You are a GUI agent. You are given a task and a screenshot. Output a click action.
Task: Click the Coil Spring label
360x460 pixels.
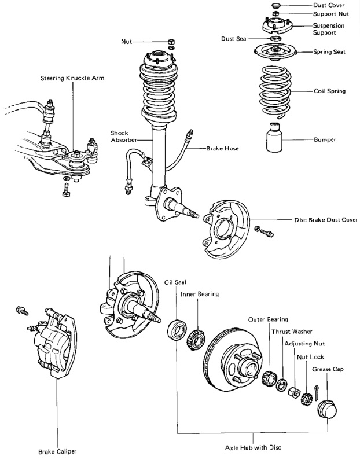pyautogui.click(x=329, y=91)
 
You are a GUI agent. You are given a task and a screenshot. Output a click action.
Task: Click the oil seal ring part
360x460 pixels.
pyautogui.click(x=176, y=330)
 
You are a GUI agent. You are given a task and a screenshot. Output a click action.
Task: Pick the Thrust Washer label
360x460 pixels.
pyautogui.click(x=291, y=332)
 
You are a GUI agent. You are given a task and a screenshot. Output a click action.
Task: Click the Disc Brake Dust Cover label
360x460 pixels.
pyautogui.click(x=325, y=220)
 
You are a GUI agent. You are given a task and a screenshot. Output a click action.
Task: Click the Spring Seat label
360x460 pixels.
pyautogui.click(x=329, y=52)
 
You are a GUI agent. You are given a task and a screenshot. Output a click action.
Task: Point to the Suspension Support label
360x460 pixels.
pyautogui.click(x=329, y=30)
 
